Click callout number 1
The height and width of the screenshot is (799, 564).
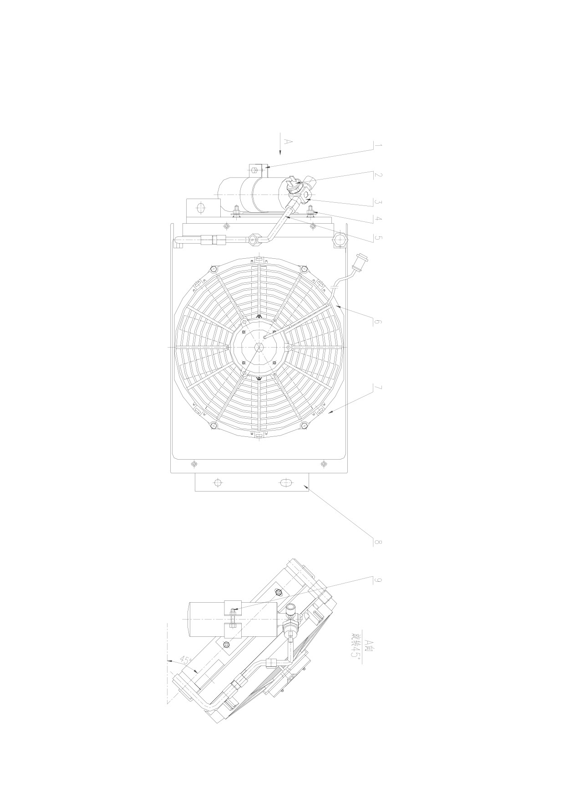click(377, 146)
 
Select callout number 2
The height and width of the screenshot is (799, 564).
click(377, 175)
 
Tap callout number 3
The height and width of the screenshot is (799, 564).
click(377, 201)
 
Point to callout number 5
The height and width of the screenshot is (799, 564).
click(377, 237)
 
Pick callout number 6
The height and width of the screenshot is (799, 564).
click(377, 322)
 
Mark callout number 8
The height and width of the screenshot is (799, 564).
click(377, 542)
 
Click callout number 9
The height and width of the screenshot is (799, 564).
click(377, 580)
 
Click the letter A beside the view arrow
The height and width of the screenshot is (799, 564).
click(287, 142)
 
